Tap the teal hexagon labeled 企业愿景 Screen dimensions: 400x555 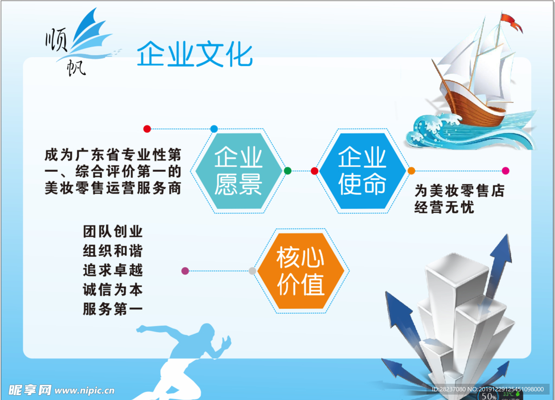pyautogui.click(x=238, y=170)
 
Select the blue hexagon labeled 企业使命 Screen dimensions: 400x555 pyautogui.click(x=363, y=170)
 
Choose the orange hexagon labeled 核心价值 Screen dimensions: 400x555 pyautogui.click(x=301, y=271)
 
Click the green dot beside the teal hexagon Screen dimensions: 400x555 pyautogui.click(x=288, y=171)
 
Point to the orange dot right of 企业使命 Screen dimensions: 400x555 pyautogui.click(x=411, y=171)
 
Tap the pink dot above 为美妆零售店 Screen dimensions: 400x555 pyautogui.click(x=506, y=171)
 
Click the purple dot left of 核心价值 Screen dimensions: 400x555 pyautogui.click(x=185, y=270)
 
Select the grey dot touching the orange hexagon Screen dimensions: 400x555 pyautogui.click(x=253, y=271)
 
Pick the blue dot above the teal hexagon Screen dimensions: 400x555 pyautogui.click(x=214, y=129)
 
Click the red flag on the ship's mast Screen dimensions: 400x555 pyautogui.click(x=511, y=22)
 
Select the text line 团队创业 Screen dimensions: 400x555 pyautogui.click(x=113, y=232)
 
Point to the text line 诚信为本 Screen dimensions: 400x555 pyautogui.click(x=113, y=290)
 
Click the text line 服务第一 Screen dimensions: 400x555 pyautogui.click(x=113, y=309)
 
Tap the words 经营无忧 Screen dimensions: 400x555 pyautogui.click(x=444, y=208)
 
